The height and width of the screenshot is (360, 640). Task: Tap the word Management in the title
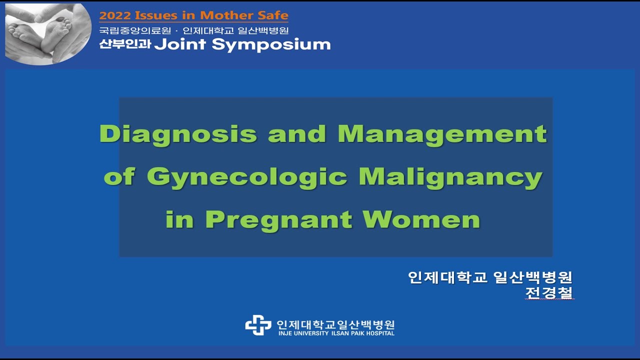click(442, 134)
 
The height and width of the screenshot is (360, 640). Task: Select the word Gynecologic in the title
click(247, 177)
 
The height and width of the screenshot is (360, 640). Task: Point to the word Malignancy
click(450, 177)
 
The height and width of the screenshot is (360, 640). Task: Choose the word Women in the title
click(421, 220)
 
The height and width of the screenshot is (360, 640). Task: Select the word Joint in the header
click(180, 44)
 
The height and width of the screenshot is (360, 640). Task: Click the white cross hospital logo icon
click(258, 325)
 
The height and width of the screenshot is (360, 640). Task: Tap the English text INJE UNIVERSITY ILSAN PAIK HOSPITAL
click(336, 333)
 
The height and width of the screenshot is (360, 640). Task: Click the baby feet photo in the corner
click(47, 33)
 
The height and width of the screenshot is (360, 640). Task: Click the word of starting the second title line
click(119, 177)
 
